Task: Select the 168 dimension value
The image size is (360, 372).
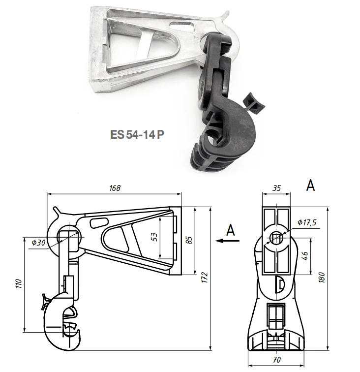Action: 115,188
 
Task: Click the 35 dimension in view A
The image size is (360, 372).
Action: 276,187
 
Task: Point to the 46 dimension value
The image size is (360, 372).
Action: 306,256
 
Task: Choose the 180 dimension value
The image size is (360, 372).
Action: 322,278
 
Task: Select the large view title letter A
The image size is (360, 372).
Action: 310,185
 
